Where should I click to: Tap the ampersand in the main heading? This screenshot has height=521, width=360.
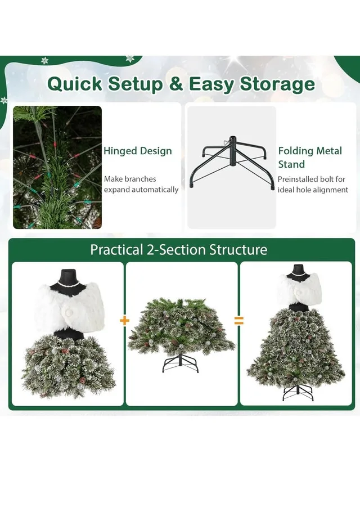[x=177, y=84]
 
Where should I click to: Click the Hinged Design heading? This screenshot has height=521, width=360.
[x=137, y=151]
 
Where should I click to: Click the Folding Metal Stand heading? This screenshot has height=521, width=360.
[x=309, y=158]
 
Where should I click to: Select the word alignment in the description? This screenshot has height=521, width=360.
[x=328, y=190]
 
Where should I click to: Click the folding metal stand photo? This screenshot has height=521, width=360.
[x=232, y=167]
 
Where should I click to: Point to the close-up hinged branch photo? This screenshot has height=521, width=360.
[x=57, y=167]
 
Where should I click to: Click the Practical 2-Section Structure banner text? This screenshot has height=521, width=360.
[x=178, y=249]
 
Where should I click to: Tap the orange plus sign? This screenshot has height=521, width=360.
[x=124, y=321]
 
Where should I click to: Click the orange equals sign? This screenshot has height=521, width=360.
[x=239, y=321]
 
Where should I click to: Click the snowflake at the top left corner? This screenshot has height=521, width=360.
[x=44, y=60]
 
